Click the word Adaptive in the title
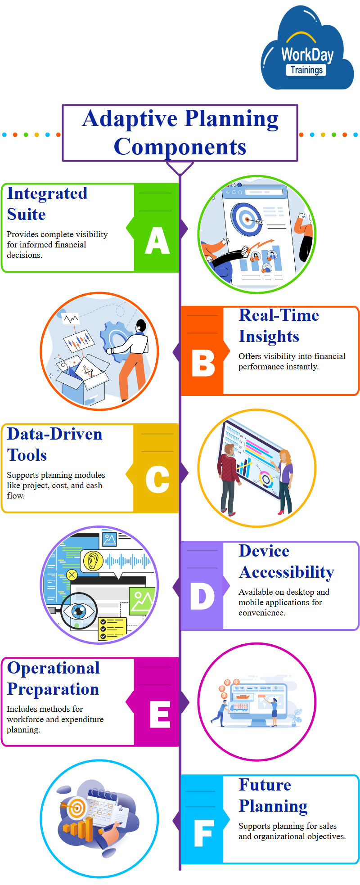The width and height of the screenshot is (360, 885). [x=130, y=119]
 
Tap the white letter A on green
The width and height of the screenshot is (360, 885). [x=157, y=240]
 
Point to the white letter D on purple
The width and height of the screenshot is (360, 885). [x=202, y=596]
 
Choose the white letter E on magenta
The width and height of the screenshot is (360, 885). [x=160, y=714]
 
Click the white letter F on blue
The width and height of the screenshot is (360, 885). [x=203, y=833]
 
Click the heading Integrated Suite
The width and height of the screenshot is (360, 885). [x=47, y=204]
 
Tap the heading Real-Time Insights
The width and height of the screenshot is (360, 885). [x=279, y=326]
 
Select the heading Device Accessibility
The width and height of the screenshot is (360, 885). [x=287, y=562]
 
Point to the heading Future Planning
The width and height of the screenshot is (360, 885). [x=273, y=795]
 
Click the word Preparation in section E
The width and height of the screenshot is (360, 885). [x=53, y=689]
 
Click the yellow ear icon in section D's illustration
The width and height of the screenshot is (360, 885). [x=93, y=561]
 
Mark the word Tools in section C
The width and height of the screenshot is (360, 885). [x=27, y=455]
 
